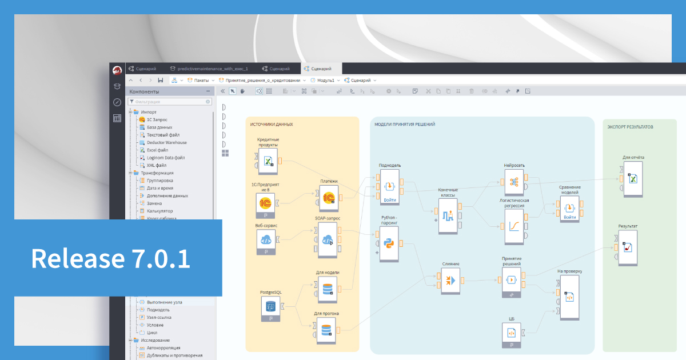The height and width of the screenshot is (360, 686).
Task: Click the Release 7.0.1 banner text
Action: coord(110,258)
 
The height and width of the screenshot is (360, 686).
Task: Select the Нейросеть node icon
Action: coord(514,182)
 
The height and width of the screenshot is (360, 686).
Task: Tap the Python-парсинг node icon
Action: coord(389,243)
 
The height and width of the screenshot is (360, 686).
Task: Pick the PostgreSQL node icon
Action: coord(270,307)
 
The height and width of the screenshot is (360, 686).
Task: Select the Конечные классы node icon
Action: coord(448,215)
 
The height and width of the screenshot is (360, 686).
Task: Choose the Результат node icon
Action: coord(628,247)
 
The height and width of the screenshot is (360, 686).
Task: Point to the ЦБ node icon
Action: coord(512,332)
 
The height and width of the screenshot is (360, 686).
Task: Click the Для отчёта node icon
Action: coord(633,179)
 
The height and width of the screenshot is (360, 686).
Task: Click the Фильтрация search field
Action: coord(170,102)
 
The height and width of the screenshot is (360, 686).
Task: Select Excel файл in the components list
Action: coord(157,150)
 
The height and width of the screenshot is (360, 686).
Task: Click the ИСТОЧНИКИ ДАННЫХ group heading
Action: coord(272,124)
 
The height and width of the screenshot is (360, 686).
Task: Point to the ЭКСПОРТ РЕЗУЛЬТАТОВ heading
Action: coord(630,127)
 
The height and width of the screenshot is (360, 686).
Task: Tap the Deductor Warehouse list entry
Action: coord(166,142)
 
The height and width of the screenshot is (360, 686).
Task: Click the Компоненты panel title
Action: coord(144,91)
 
